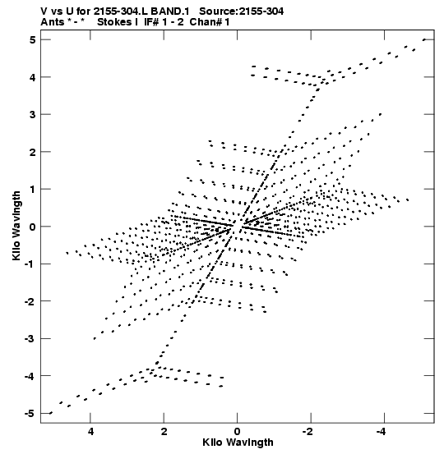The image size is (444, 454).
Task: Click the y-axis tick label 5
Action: pyautogui.click(x=32, y=40)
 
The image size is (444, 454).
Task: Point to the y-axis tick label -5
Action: pyautogui.click(x=30, y=414)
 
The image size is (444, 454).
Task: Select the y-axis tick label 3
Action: pyautogui.click(x=32, y=115)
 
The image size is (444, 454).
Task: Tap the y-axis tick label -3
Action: pyautogui.click(x=30, y=339)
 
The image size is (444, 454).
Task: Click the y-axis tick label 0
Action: pyautogui.click(x=32, y=227)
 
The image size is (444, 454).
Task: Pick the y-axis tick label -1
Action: pyautogui.click(x=30, y=264)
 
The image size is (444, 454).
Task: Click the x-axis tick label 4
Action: pyautogui.click(x=90, y=432)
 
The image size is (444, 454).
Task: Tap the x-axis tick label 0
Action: pyautogui.click(x=238, y=432)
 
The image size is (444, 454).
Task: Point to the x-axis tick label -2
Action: pyautogui.click(x=308, y=432)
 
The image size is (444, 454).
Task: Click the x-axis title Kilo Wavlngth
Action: pyautogui.click(x=238, y=443)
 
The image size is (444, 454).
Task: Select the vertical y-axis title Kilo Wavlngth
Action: pyautogui.click(x=16, y=226)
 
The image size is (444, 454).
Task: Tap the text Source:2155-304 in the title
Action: pyautogui.click(x=241, y=11)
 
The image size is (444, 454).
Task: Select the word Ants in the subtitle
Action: pyautogui.click(x=53, y=22)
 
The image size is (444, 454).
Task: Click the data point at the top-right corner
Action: pyautogui.click(x=424, y=39)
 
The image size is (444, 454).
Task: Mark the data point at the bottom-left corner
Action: pyautogui.click(x=51, y=413)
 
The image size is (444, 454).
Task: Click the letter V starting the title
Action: pyautogui.click(x=44, y=11)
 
